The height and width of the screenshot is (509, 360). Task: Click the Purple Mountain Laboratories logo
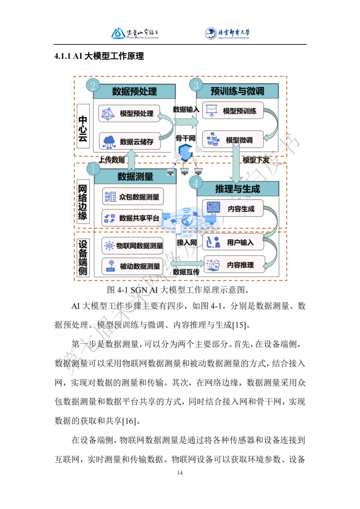[x=135, y=33]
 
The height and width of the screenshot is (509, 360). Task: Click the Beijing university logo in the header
[x=227, y=33]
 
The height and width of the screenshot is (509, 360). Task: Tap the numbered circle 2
[x=93, y=86]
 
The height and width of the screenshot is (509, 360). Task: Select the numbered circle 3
[x=196, y=85]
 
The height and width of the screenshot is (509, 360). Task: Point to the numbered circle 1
[x=93, y=169]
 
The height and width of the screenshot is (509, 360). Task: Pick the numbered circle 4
[x=196, y=184]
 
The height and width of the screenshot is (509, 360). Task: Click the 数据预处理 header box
[x=134, y=91]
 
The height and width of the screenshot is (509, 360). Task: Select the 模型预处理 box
[x=129, y=113]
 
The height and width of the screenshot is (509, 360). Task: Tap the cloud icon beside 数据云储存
[x=109, y=142]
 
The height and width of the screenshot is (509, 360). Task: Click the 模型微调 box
[x=233, y=140]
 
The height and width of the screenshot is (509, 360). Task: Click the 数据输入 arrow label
[x=186, y=110]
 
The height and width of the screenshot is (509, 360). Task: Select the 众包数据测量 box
[x=133, y=197]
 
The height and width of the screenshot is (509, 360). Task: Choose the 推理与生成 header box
[x=238, y=189]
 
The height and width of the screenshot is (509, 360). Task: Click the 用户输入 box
[x=233, y=242]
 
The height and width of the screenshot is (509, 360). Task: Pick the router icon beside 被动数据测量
[x=111, y=266]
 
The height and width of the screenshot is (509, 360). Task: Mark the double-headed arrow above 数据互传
[x=187, y=263]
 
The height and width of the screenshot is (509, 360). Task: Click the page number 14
[x=180, y=473]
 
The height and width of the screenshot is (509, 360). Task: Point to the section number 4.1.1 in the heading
[x=62, y=56]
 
